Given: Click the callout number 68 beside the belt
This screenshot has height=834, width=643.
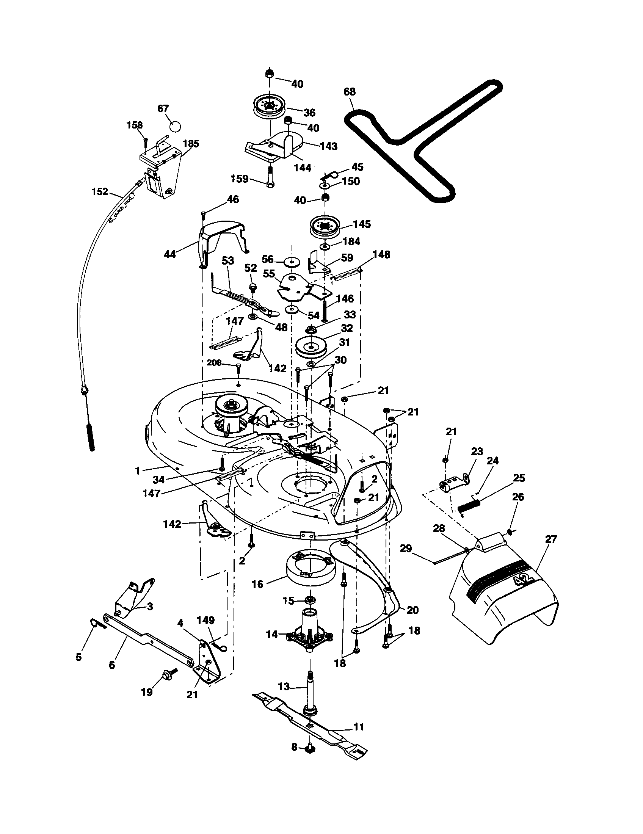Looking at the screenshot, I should coord(349,92).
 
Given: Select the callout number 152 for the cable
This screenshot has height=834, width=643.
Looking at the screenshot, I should coord(100,191).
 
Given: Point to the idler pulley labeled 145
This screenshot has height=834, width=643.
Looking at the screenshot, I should coord(325,227).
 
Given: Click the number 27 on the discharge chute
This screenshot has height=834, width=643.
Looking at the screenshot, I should coord(551,539).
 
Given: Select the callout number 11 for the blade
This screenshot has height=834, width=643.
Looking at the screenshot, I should coord(359,727).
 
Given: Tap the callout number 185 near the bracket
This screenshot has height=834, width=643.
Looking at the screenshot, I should coord(191,144).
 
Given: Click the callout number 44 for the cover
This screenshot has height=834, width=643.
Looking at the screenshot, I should coord(169,254).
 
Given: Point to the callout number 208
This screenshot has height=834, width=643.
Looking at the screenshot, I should coord(214,363).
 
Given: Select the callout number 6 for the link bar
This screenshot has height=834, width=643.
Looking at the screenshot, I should coord(112,665).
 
